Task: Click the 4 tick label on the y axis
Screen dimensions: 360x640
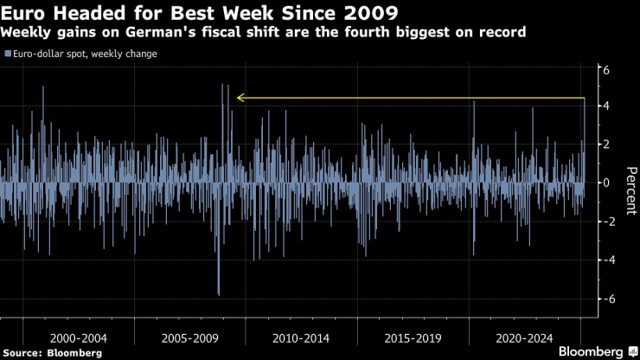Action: [x=607, y=106]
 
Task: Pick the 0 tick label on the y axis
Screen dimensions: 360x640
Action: [x=607, y=183]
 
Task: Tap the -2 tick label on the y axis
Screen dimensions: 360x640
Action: [x=605, y=222]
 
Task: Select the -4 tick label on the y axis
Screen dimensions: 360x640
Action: [x=605, y=260]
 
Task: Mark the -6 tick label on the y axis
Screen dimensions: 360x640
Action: [x=605, y=299]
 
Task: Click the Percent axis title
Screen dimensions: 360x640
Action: [x=630, y=183]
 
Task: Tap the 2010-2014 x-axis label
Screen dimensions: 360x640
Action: [x=300, y=335]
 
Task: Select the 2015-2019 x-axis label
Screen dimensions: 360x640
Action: [x=412, y=335]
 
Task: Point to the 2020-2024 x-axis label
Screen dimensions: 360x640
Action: [x=523, y=335]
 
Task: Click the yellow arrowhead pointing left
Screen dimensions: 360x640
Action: [x=240, y=99]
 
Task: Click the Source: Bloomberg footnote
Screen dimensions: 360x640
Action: [x=52, y=352]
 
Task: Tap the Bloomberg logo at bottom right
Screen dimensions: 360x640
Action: [x=590, y=351]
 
